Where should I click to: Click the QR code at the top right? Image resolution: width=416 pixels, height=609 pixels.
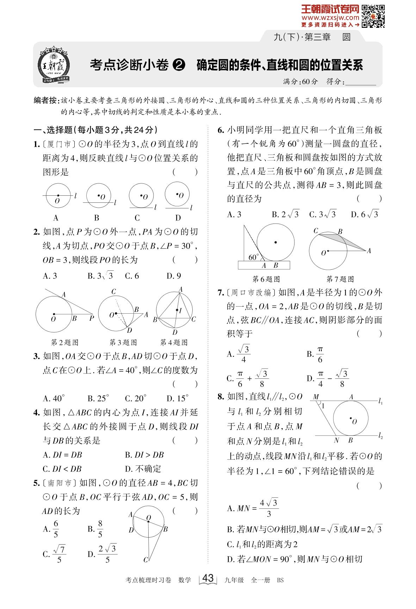(373, 16)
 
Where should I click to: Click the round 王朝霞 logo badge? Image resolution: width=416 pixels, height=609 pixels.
(54, 65)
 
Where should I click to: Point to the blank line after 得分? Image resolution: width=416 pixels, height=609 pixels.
(361, 82)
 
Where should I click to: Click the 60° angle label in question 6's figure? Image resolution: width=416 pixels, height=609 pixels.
(253, 257)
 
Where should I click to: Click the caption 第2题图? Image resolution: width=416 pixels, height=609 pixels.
(65, 342)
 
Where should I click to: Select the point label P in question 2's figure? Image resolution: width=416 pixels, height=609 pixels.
(91, 318)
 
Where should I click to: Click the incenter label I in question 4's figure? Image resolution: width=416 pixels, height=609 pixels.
(180, 310)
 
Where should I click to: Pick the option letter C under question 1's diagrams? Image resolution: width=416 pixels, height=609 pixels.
(137, 218)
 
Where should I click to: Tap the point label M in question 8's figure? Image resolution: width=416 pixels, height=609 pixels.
(316, 397)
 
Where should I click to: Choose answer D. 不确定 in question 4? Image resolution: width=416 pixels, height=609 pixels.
(143, 469)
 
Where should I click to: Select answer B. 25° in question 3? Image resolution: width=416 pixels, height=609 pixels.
(98, 398)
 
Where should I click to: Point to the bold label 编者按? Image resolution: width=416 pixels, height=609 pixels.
(45, 101)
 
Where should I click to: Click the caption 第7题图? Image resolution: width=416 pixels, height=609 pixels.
(340, 279)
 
